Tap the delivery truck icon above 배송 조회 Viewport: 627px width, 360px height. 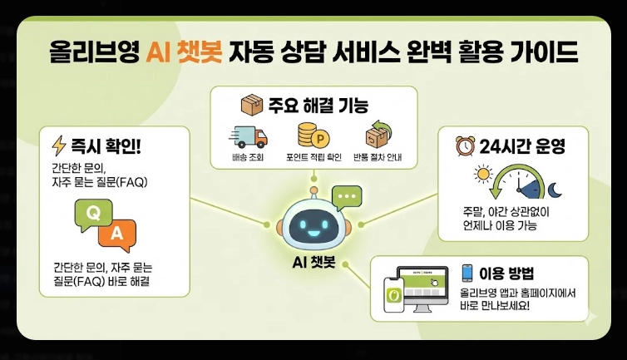[248, 137]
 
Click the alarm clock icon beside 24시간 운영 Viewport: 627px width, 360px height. [464, 147]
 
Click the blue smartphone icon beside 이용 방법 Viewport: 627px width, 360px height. [467, 273]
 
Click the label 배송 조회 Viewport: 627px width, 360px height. [248, 157]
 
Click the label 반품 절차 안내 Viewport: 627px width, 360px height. [377, 157]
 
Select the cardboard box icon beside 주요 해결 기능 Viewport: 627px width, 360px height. [250, 106]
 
